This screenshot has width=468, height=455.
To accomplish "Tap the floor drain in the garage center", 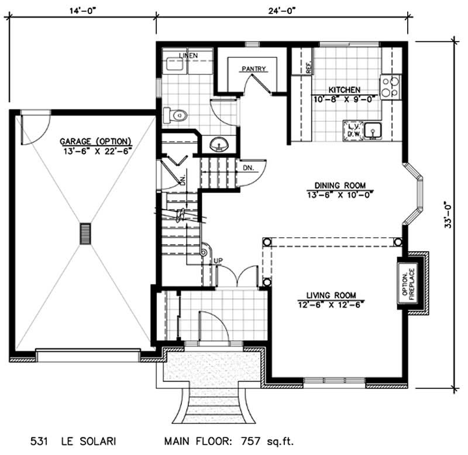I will (86, 234).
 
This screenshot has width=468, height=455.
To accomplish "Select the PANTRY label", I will (253, 69).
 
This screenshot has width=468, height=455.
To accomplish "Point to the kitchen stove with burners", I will (390, 87).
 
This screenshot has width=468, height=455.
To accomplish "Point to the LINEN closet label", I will (188, 56).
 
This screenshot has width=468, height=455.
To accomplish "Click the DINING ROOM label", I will (339, 183).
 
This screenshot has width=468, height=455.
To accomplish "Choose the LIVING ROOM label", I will (331, 295).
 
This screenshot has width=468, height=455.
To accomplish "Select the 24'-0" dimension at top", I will (281, 9).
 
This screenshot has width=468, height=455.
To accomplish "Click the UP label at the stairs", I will (217, 261).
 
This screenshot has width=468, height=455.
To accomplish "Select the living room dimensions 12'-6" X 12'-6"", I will (331, 304).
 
